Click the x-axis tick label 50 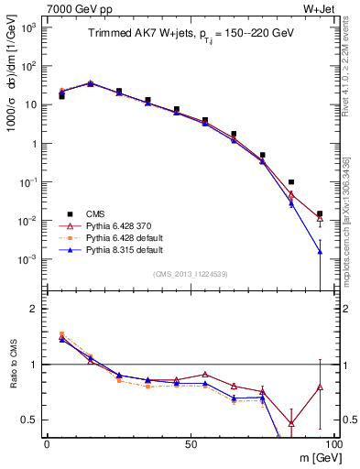coord(191,442)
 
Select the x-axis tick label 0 coord(47,442)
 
